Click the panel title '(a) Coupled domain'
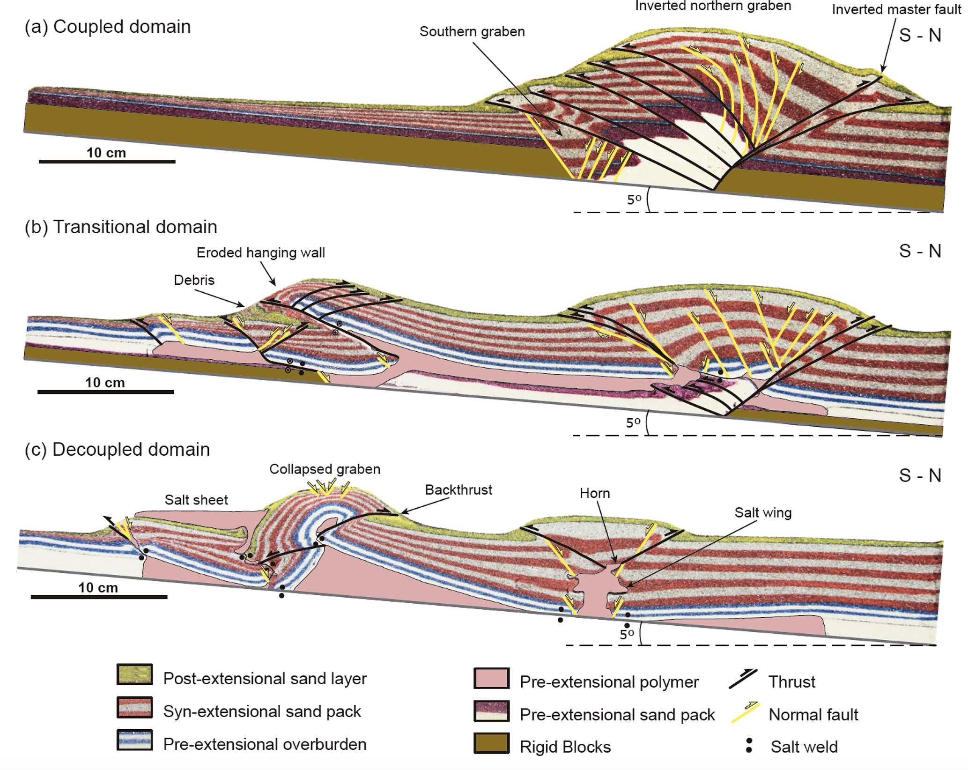tap(108, 27)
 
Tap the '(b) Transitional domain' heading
tap(121, 227)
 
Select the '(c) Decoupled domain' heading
tap(117, 450)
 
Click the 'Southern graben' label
tap(472, 32)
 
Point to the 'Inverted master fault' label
tap(896, 10)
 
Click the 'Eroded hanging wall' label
tap(260, 253)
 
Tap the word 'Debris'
tap(194, 280)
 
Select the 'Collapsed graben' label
tap(325, 469)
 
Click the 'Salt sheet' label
tap(196, 500)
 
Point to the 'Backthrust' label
tap(458, 490)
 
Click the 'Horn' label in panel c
tap(595, 494)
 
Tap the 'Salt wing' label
tap(763, 513)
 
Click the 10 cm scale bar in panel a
tap(107, 161)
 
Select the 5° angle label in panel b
tap(633, 423)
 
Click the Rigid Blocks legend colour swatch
tap(491, 743)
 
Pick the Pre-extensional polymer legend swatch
tap(491, 679)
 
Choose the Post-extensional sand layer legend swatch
tap(134, 675)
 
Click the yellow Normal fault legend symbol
tap(745, 713)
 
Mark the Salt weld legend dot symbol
tap(749, 745)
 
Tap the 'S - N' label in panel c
tap(920, 476)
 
